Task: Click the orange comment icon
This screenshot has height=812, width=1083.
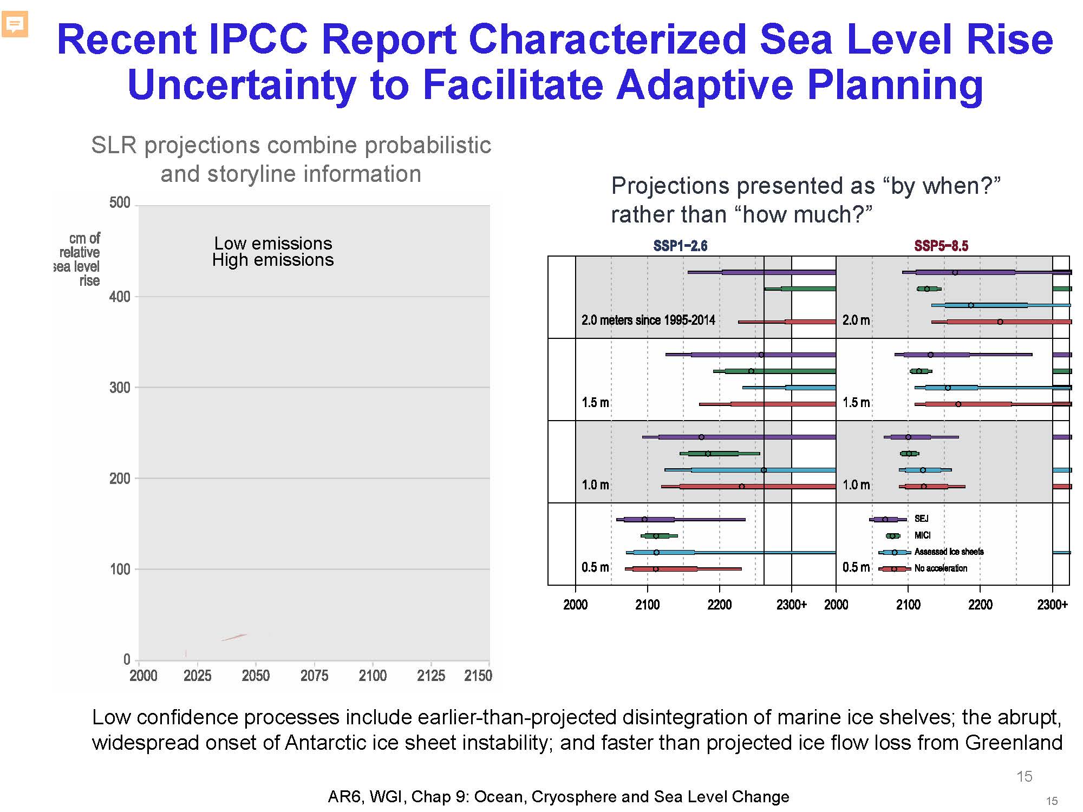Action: click(15, 24)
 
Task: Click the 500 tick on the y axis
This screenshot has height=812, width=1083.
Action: click(120, 203)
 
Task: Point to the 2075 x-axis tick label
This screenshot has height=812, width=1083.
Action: click(314, 676)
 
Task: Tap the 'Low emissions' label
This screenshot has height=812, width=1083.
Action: click(273, 243)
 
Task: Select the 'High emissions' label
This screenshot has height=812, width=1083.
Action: click(273, 260)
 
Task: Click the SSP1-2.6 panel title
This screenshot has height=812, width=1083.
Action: click(680, 246)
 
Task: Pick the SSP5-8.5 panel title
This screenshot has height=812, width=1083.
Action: click(941, 246)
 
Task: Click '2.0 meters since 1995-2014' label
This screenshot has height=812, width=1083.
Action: click(648, 320)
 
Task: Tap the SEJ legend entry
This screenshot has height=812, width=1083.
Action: click(921, 519)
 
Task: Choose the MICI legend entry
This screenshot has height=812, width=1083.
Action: click(922, 535)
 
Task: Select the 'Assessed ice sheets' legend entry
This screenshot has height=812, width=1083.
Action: click(949, 552)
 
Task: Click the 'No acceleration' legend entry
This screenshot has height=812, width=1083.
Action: click(941, 568)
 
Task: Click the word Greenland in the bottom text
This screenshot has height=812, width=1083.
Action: click(1014, 742)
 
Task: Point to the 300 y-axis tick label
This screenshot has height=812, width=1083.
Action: click(120, 388)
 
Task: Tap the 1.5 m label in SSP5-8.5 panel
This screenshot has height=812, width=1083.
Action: click(856, 402)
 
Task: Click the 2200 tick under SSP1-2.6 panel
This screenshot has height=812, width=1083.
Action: click(719, 605)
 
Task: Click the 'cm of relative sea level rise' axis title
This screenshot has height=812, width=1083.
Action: click(79, 259)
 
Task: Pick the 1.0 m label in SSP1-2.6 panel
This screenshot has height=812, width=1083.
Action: click(595, 484)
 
